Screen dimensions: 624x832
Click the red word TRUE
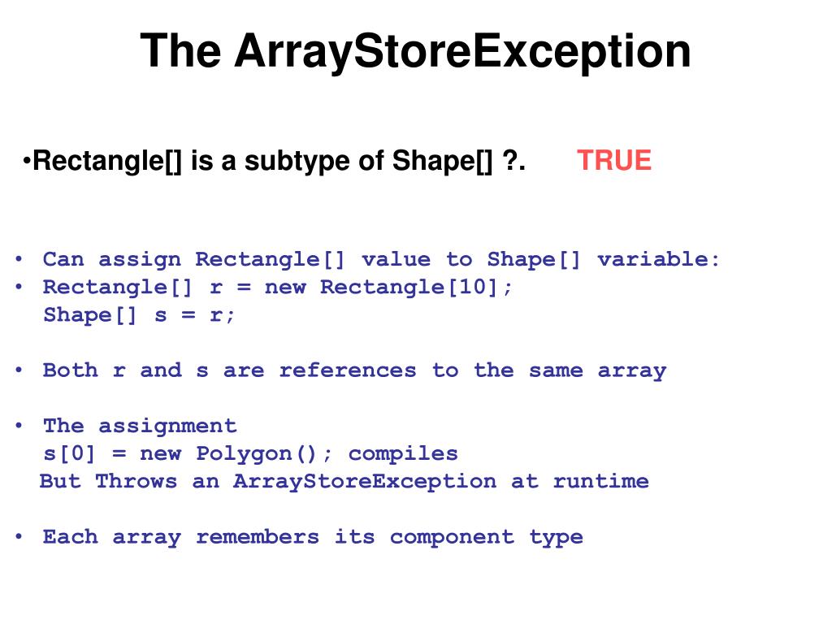tap(614, 160)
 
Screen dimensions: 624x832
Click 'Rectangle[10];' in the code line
tap(417, 287)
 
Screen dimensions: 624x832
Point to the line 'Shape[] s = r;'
tap(140, 315)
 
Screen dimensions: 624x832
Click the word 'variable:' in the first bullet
tap(659, 259)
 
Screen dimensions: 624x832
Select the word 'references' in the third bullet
tap(348, 370)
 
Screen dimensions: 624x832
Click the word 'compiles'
tap(403, 453)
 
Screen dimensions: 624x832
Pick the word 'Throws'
tap(136, 481)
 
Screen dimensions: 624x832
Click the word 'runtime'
tap(600, 481)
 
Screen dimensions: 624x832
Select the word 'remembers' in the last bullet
tap(258, 537)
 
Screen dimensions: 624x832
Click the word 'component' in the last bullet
tap(452, 537)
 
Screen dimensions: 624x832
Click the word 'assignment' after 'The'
tap(167, 426)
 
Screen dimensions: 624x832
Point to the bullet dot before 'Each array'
tap(19, 537)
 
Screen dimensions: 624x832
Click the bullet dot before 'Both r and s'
tap(19, 370)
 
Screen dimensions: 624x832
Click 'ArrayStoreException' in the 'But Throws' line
tap(365, 481)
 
